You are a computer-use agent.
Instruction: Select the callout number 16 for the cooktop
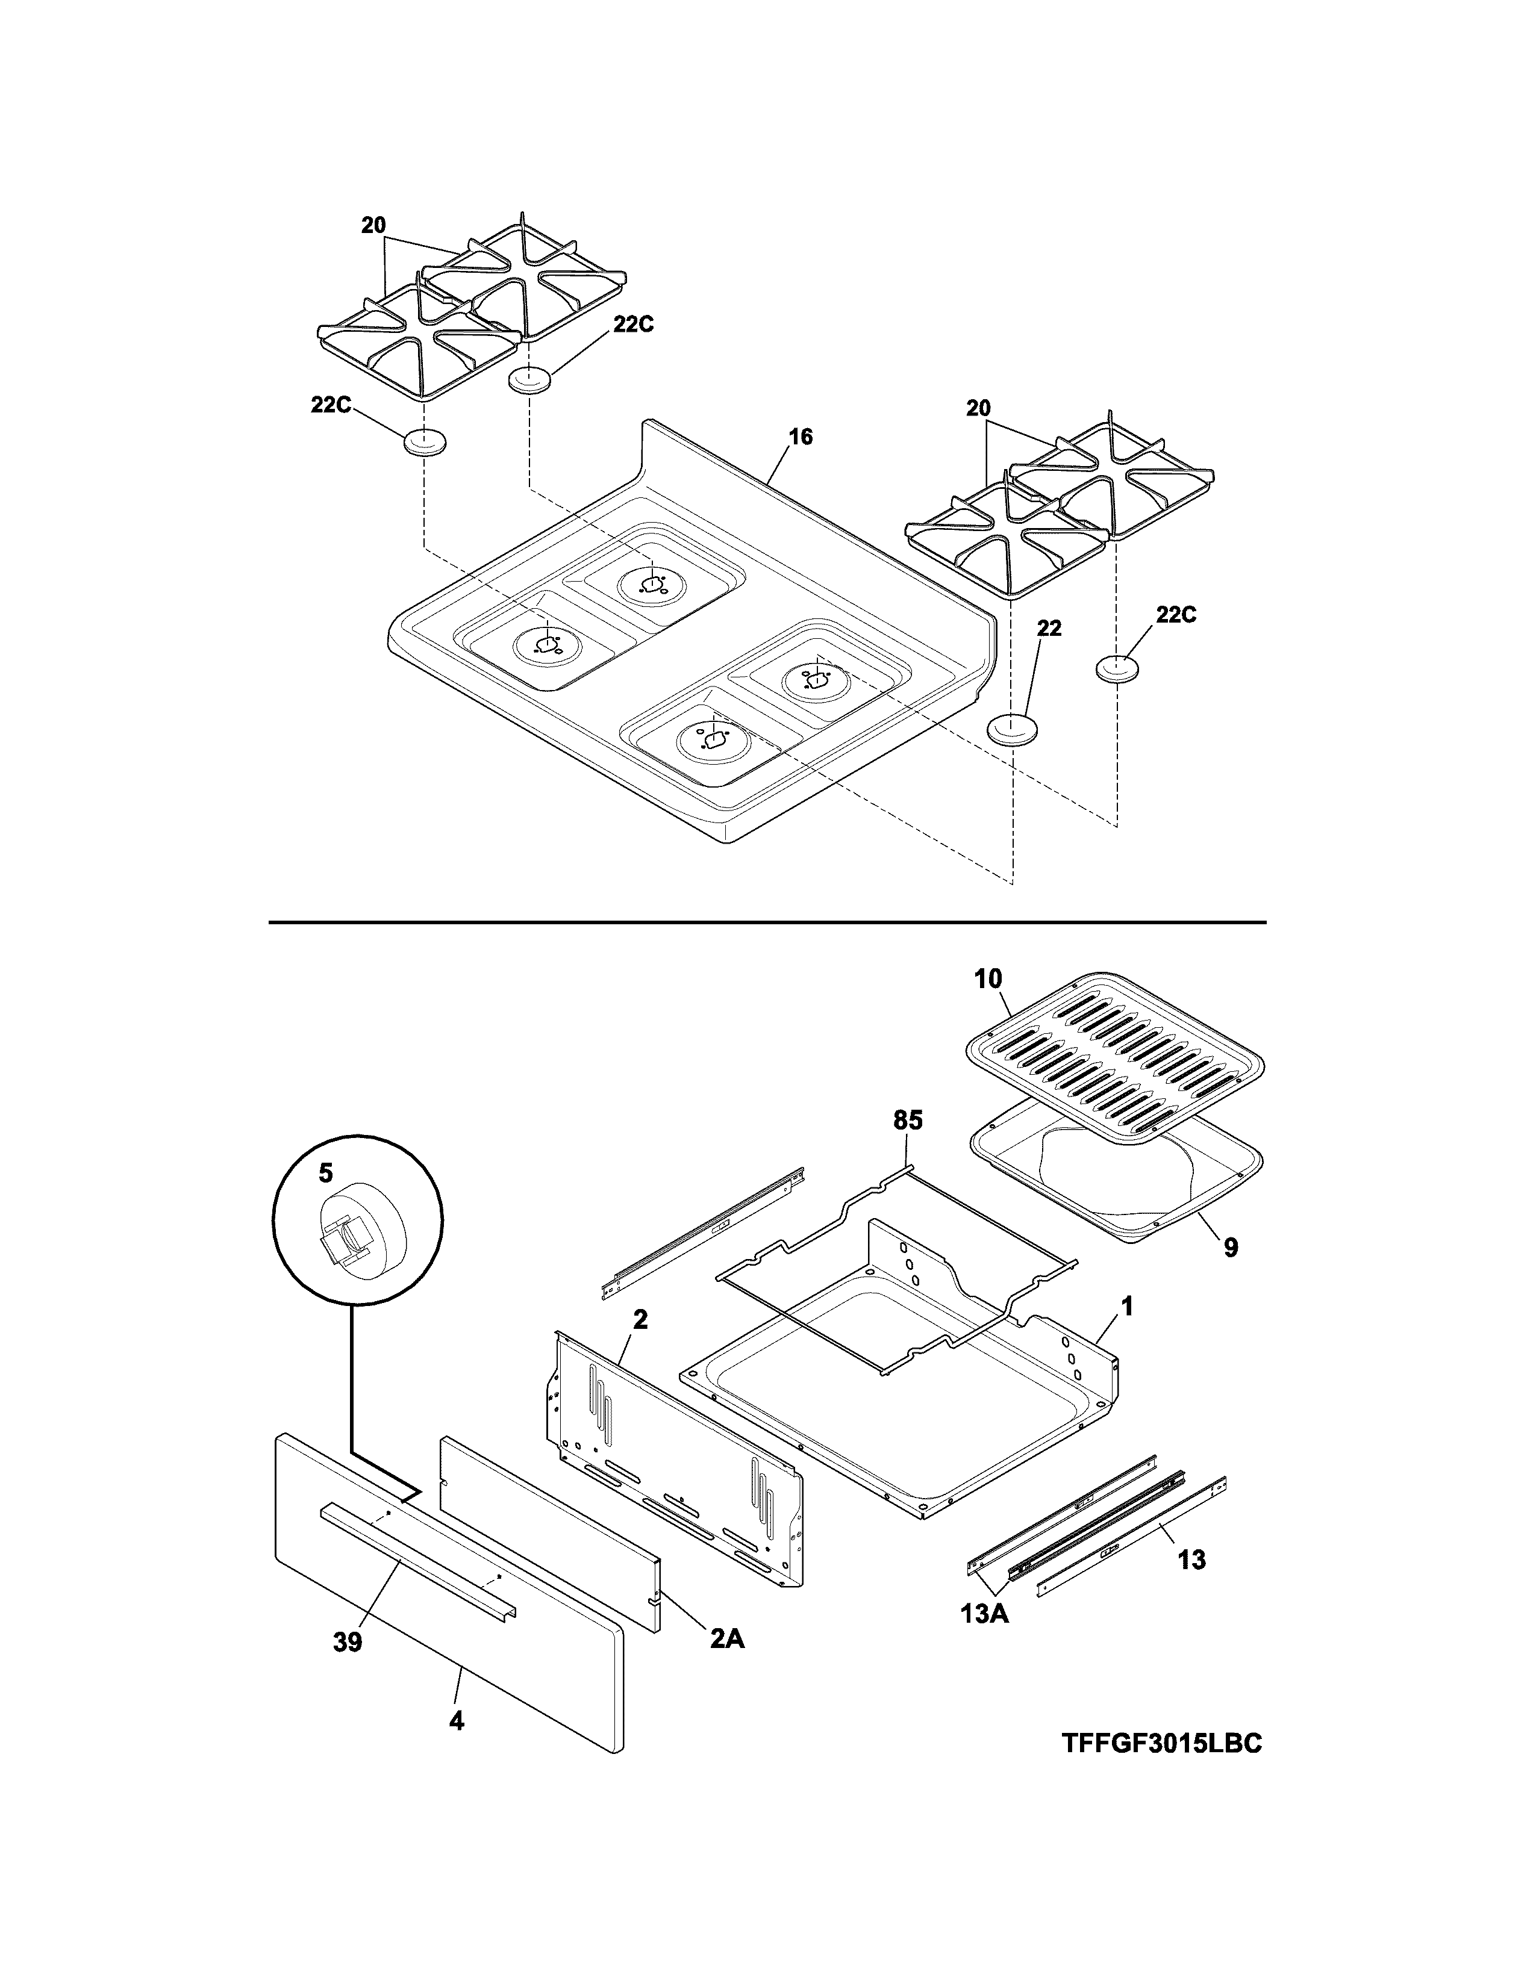(x=800, y=438)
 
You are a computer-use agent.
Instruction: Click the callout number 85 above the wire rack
(x=907, y=1121)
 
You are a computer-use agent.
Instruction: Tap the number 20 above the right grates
(x=978, y=409)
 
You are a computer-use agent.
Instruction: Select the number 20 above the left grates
(x=373, y=226)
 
